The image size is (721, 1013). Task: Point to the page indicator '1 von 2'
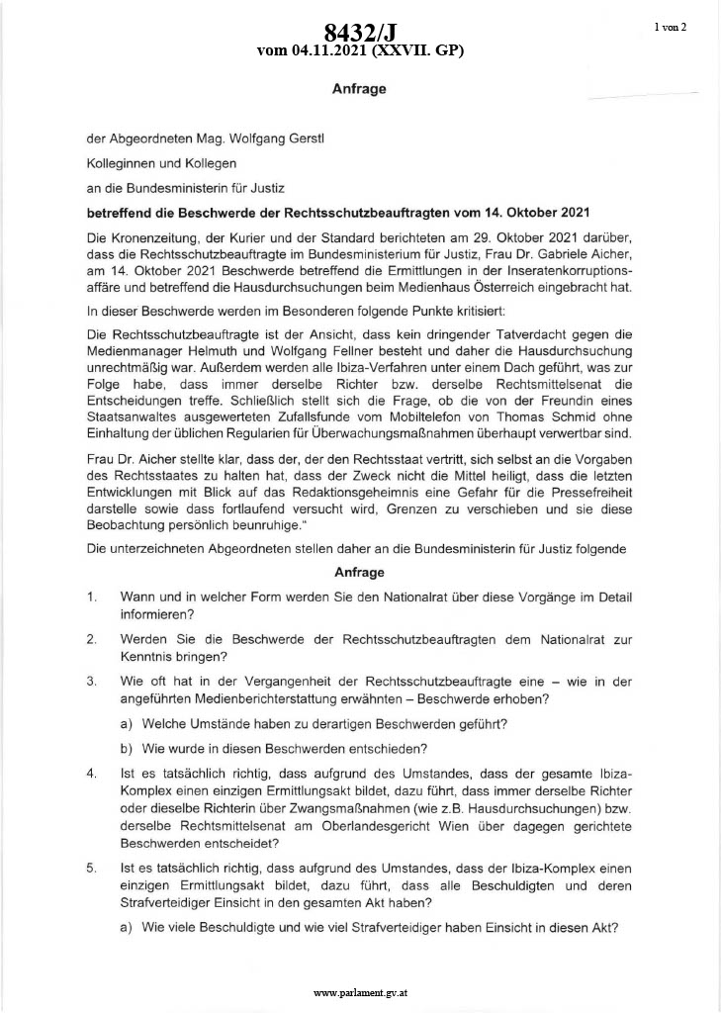click(670, 27)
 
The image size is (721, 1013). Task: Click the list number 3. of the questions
click(91, 682)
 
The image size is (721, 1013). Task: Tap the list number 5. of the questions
click(91, 868)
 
